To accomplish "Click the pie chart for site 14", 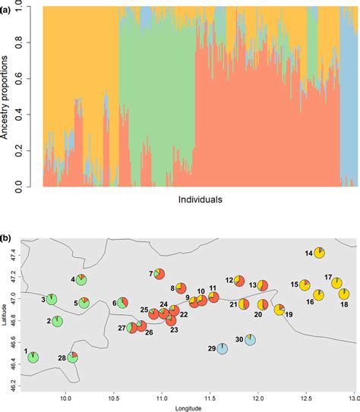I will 320,253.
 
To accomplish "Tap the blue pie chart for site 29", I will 222,348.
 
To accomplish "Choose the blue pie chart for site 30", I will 250,341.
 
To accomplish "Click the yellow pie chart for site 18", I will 343,294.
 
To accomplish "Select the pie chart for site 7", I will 160,273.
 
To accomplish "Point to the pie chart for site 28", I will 73,357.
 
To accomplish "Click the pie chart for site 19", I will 279,310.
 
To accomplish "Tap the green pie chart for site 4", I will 81,280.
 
